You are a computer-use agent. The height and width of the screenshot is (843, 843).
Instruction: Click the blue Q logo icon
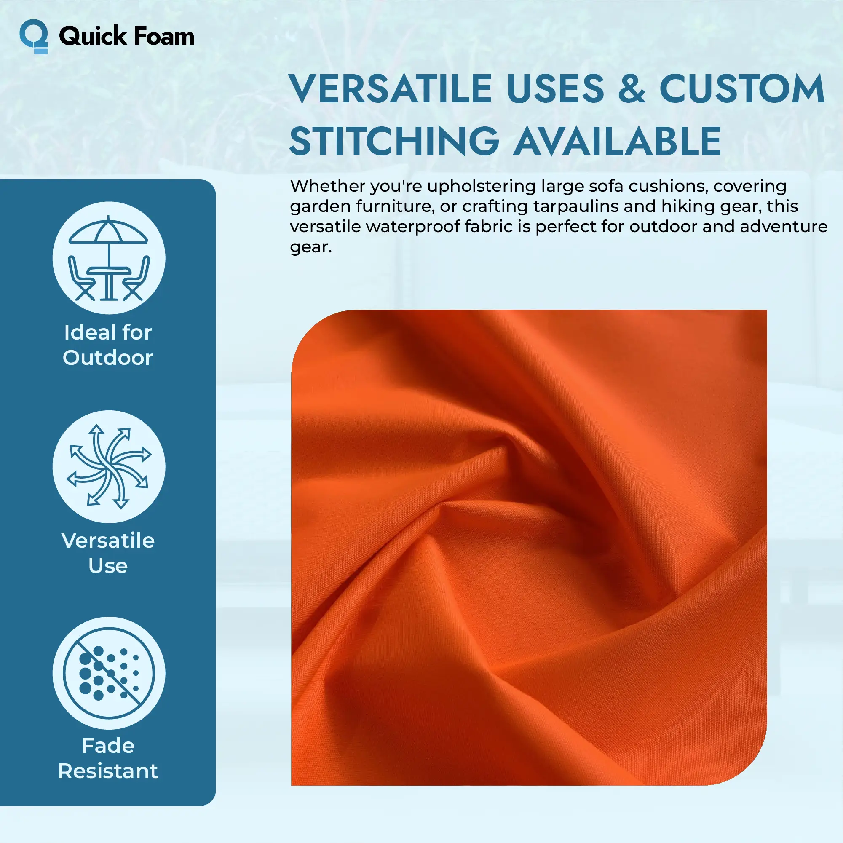pos(34,36)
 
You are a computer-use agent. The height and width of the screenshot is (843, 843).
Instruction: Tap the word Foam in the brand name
pos(164,36)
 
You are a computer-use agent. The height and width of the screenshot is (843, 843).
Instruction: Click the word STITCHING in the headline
pos(394,141)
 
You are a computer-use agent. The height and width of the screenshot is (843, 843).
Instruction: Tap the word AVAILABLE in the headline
pos(616,141)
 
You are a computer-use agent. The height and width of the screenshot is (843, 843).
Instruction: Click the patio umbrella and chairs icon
pos(109,258)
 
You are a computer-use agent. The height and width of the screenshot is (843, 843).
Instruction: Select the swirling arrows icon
pos(109,466)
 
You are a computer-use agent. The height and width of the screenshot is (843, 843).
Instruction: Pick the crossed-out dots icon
pos(109,673)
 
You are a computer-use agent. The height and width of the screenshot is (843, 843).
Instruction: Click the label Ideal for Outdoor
pos(108,345)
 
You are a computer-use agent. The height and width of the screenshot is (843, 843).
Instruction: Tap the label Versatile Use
pos(108,553)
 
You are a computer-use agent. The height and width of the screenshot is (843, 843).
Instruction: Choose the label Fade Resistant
pos(108,758)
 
